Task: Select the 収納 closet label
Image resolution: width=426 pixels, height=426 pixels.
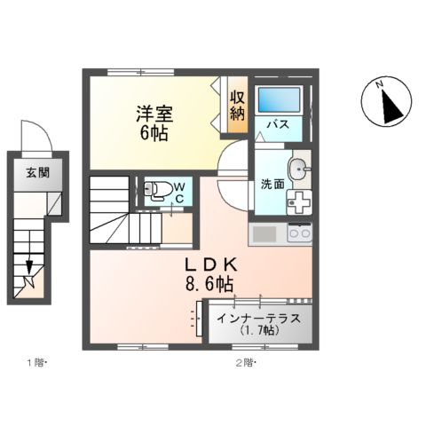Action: (x=238, y=105)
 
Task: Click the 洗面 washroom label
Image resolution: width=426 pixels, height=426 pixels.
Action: (x=272, y=185)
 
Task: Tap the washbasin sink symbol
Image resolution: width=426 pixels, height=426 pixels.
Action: (x=300, y=166)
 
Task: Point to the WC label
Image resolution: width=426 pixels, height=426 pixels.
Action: (x=178, y=192)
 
